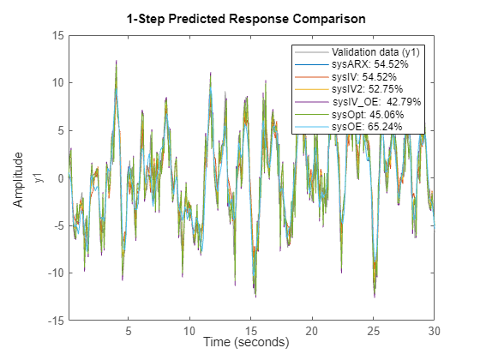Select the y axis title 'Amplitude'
point(19,178)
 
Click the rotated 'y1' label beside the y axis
point(36,178)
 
